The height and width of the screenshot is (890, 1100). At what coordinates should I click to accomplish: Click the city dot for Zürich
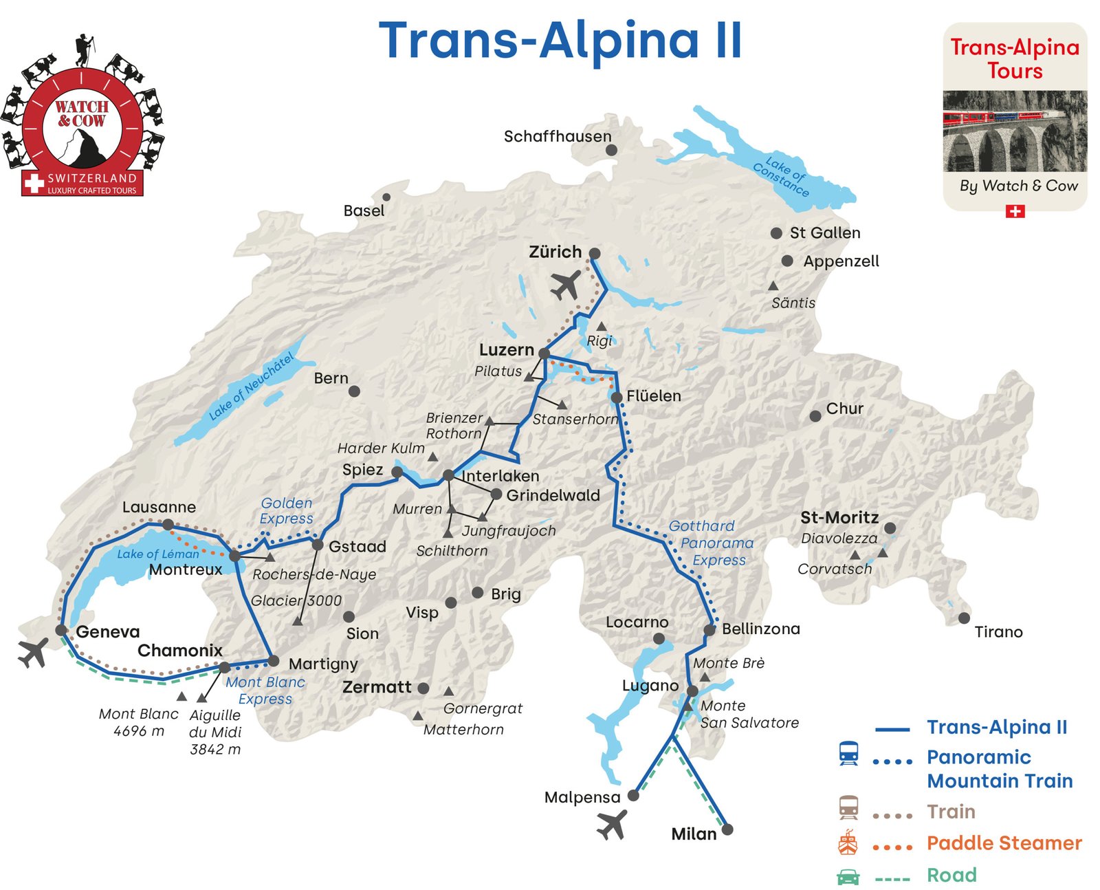pyautogui.click(x=595, y=253)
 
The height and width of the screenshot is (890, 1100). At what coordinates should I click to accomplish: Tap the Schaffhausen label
pyautogui.click(x=557, y=136)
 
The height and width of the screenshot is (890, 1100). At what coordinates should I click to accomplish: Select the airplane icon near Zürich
pyautogui.click(x=565, y=285)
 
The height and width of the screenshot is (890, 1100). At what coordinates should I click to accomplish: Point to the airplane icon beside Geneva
pyautogui.click(x=33, y=652)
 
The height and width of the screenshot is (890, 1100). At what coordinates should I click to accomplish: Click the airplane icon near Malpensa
pyautogui.click(x=611, y=824)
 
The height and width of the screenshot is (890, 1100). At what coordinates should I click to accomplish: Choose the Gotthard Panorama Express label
pyautogui.click(x=711, y=543)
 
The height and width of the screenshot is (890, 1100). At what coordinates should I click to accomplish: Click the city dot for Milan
pyautogui.click(x=727, y=829)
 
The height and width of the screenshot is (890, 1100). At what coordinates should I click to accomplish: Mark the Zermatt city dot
pyautogui.click(x=423, y=688)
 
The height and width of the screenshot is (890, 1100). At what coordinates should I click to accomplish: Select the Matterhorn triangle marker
pyautogui.click(x=417, y=716)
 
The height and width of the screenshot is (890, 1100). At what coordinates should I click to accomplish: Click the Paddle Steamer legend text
pyautogui.click(x=1003, y=843)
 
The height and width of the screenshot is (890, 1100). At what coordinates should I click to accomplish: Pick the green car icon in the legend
pyautogui.click(x=848, y=876)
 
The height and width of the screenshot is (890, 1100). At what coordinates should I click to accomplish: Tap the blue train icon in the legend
pyautogui.click(x=848, y=753)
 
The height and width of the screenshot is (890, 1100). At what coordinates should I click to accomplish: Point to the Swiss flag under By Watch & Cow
pyautogui.click(x=1015, y=211)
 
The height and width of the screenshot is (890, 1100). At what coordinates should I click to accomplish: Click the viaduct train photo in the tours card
pyautogui.click(x=1015, y=131)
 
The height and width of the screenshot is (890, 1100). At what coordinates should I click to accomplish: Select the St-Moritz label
pyautogui.click(x=839, y=517)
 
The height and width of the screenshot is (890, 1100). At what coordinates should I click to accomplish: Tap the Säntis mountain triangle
pyautogui.click(x=773, y=285)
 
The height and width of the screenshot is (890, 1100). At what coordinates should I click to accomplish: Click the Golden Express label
pyautogui.click(x=286, y=510)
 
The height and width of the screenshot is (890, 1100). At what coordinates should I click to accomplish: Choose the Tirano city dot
pyautogui.click(x=964, y=618)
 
